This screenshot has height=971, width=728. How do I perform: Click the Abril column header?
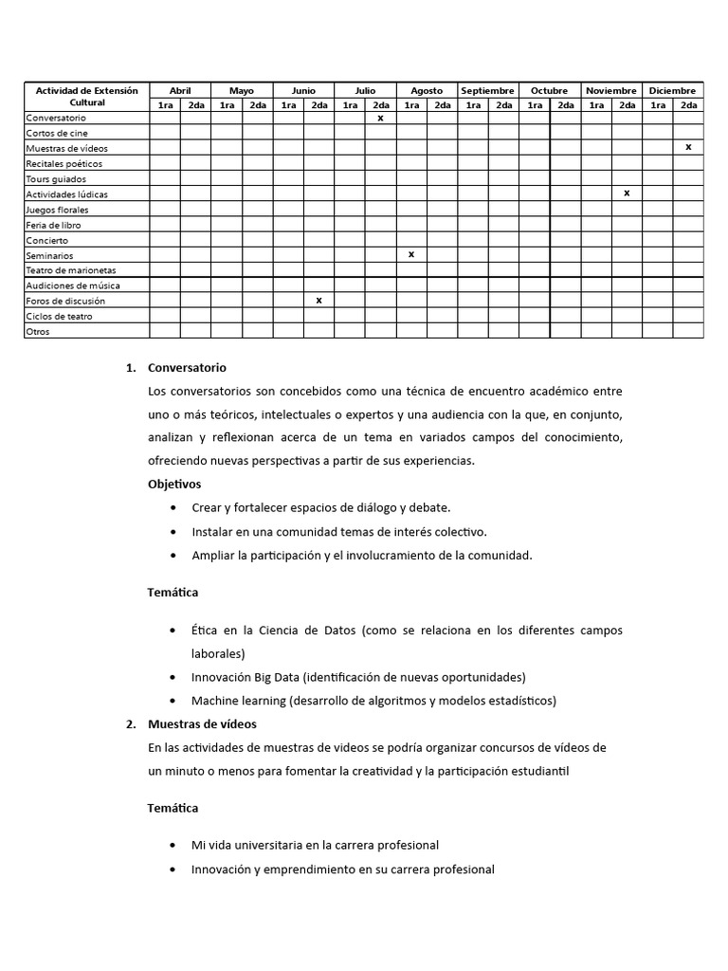pos(180,90)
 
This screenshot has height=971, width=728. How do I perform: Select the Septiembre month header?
pos(487,90)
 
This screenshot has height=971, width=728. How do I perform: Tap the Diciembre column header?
pos(672,90)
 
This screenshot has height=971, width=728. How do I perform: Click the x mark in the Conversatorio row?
pos(380,119)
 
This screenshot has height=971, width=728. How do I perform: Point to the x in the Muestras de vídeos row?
pos(688,147)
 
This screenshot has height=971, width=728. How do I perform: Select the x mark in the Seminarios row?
pos(411,254)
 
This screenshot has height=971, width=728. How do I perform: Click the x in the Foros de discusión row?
pos(318,300)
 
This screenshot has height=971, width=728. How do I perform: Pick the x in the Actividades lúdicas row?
pos(627,192)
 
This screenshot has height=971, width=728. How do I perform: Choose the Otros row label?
pos(38,331)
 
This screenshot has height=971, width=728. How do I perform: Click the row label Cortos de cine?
pos(57,134)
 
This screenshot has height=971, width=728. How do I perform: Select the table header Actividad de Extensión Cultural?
pos(86,96)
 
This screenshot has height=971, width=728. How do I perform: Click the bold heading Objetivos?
pos(174,484)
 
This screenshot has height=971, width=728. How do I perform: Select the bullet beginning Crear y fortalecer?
pos(320,507)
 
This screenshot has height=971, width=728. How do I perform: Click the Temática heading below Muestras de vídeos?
pos(173,808)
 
